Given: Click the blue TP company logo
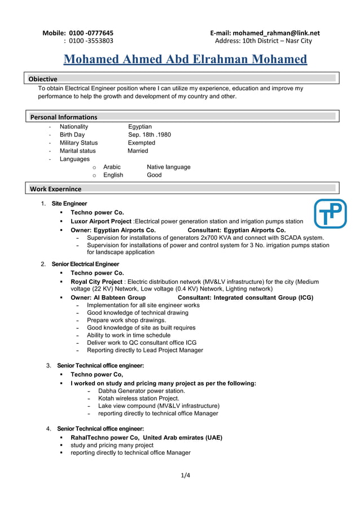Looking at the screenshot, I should pyautogui.click(x=330, y=213).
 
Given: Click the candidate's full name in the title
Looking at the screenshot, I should pyautogui.click(x=185, y=60).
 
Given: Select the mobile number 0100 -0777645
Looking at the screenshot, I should pyautogui.click(x=91, y=33).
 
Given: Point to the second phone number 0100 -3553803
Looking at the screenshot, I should pyautogui.click(x=91, y=41).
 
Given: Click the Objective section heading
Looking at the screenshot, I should pyautogui.click(x=43, y=78).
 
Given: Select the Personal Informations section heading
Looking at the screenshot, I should pyautogui.click(x=64, y=117).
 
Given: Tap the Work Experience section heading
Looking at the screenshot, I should pyautogui.click(x=55, y=188).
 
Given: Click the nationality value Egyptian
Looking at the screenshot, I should pyautogui.click(x=140, y=126).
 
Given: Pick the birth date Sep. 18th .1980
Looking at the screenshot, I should pyautogui.click(x=150, y=135).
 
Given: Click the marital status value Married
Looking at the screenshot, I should pyautogui.click(x=138, y=151).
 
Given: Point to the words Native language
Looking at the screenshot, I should pyautogui.click(x=168, y=167).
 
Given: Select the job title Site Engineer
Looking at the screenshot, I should pyautogui.click(x=69, y=203).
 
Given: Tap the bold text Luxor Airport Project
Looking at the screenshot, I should pyautogui.click(x=100, y=221).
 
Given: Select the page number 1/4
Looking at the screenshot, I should pyautogui.click(x=186, y=475).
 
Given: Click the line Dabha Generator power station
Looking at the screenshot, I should pyautogui.click(x=141, y=390).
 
